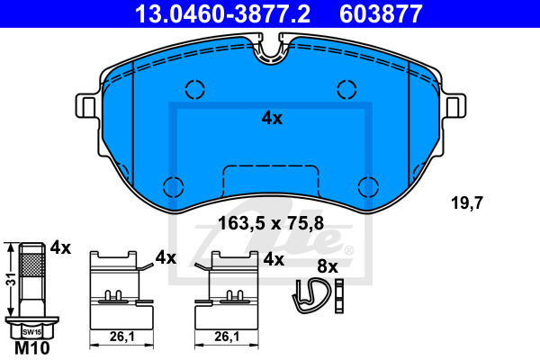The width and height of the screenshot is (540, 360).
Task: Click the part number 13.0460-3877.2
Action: (222, 13)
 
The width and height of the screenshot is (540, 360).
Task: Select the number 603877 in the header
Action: (381, 13)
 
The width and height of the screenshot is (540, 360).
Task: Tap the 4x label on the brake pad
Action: (272, 118)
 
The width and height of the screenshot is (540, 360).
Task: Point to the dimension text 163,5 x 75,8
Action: (271, 223)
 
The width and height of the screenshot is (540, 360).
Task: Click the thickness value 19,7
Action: (467, 202)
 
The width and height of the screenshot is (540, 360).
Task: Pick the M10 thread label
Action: (32, 348)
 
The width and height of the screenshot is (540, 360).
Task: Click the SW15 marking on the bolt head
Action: (31, 332)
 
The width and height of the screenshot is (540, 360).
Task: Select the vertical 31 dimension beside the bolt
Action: (12, 279)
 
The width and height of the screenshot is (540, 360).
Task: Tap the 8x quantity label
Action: (328, 266)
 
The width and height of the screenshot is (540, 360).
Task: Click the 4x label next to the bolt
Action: (60, 247)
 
